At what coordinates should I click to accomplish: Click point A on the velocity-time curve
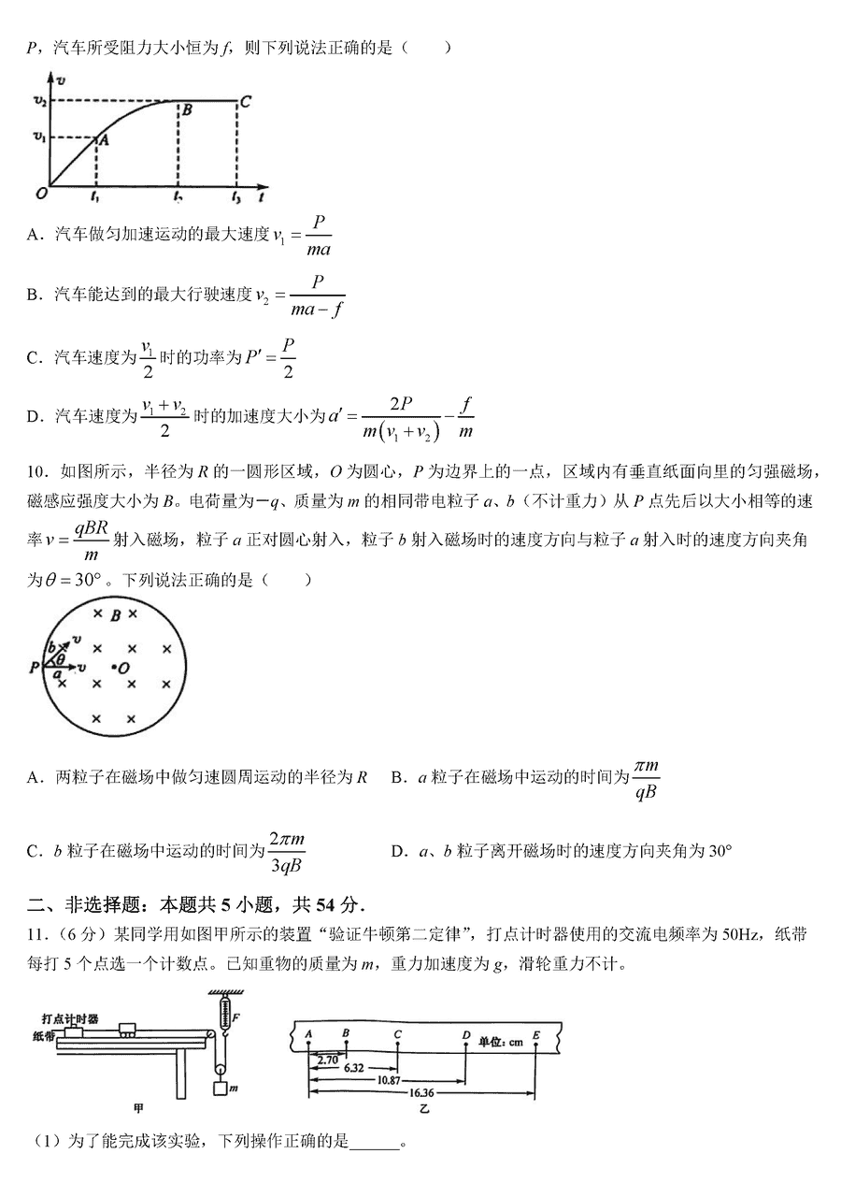[x=96, y=139]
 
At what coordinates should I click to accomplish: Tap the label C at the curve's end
[x=245, y=102]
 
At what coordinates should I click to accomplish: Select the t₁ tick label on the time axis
[x=95, y=199]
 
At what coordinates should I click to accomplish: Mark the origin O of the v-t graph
[x=41, y=194]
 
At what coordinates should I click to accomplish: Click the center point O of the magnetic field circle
[x=115, y=667]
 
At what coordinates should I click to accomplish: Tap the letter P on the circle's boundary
[x=35, y=667]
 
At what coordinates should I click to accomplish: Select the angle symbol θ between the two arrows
[x=61, y=658]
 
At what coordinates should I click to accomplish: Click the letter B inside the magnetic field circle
[x=114, y=614]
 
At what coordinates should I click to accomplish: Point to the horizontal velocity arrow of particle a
[x=67, y=667]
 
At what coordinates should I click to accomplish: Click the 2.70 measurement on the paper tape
[x=328, y=1060]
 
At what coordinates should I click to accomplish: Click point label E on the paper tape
[x=535, y=1034]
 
